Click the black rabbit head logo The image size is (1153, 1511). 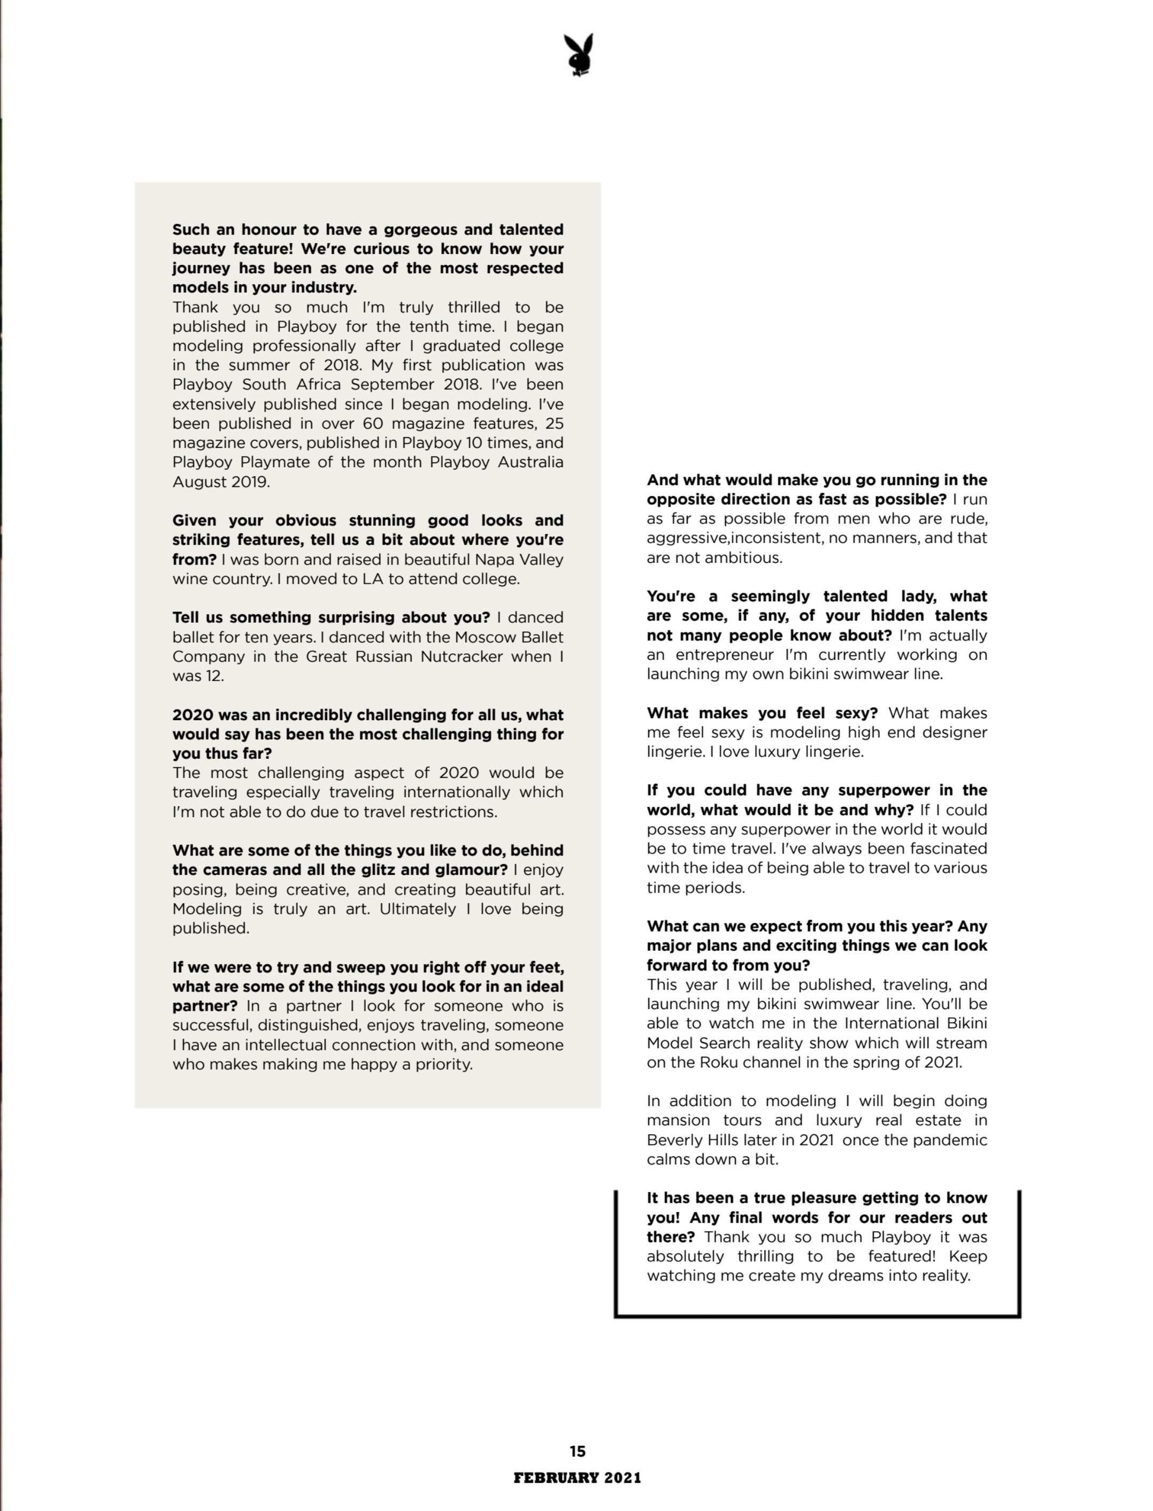579,55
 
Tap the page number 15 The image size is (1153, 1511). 577,1451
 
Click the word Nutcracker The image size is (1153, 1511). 461,657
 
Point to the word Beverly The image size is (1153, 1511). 675,1140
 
